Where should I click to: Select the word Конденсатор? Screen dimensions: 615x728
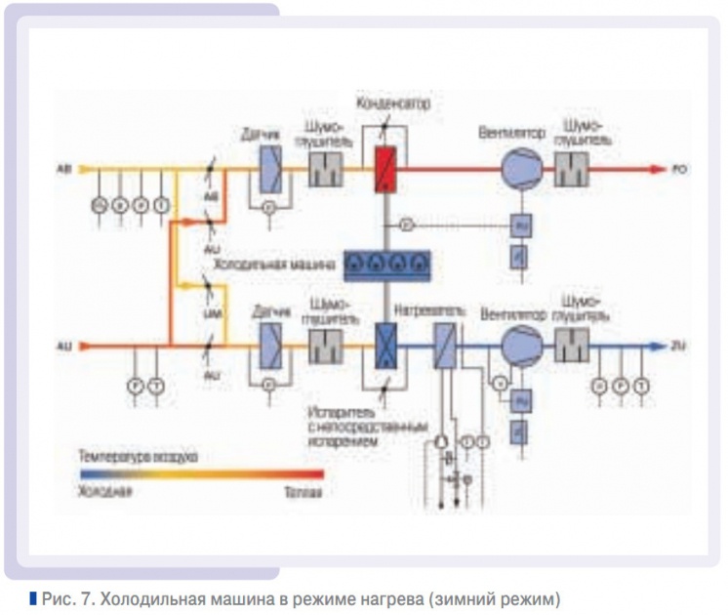393,102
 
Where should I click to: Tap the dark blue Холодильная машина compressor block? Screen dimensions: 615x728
387,262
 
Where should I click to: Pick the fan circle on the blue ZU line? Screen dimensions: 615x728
517,344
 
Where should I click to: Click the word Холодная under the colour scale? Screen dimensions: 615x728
105,491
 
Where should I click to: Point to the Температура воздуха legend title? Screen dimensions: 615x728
139,455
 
